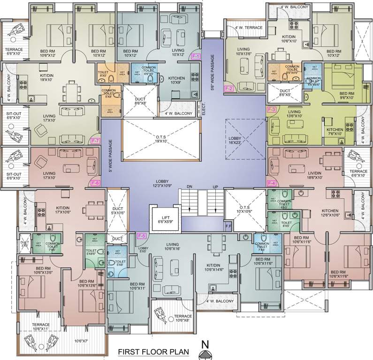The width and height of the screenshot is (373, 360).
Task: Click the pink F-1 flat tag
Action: click(x=196, y=56)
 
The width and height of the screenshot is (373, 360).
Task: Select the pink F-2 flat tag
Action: click(x=229, y=88)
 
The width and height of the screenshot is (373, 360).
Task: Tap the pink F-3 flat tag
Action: click(x=271, y=110)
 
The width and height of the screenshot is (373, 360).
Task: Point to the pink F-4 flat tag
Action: click(x=271, y=183)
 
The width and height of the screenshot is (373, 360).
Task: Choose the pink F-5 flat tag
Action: click(x=142, y=235)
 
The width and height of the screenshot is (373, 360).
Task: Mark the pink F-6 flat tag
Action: click(x=95, y=183)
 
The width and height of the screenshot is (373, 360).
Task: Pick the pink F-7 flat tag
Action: click(x=95, y=141)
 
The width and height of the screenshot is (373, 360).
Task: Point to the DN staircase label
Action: click(x=190, y=187)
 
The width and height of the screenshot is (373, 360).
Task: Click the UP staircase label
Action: click(x=215, y=187)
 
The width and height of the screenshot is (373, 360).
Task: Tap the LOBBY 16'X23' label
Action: click(x=237, y=141)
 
